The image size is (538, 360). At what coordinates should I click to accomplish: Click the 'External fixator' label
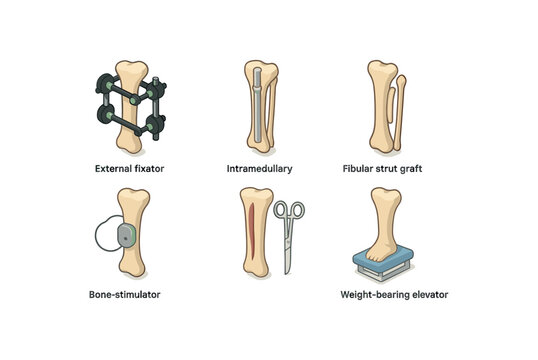click(x=128, y=168)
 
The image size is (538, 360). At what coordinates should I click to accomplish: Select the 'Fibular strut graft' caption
click(x=395, y=168)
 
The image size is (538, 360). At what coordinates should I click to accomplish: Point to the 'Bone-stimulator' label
click(x=124, y=295)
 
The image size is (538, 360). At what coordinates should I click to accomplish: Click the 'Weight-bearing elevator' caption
click(x=394, y=295)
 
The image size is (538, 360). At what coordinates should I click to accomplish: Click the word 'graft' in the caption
click(x=413, y=168)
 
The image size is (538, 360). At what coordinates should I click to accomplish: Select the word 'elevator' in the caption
click(x=427, y=295)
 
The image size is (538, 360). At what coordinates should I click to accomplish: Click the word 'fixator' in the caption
click(x=146, y=168)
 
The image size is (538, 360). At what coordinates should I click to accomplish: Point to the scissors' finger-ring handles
click(x=289, y=212)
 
